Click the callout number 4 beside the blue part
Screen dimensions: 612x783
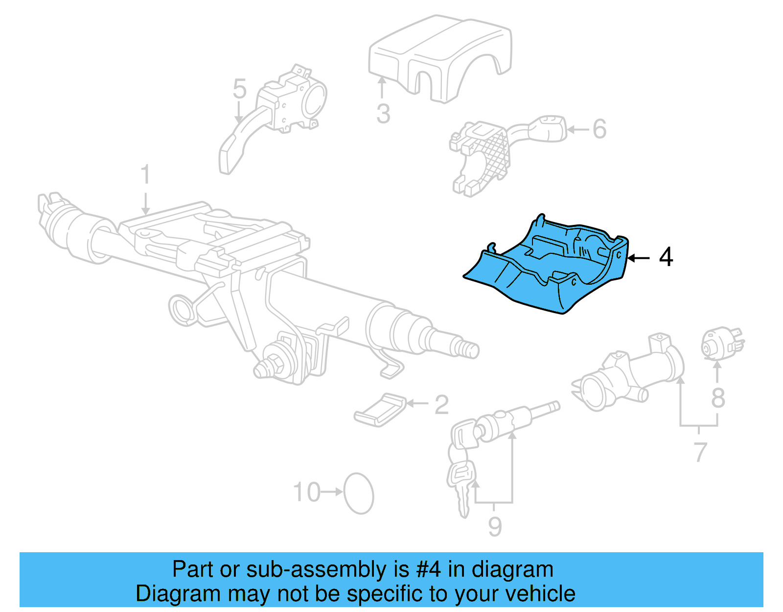click(666, 257)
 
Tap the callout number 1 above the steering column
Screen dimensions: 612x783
click(145, 175)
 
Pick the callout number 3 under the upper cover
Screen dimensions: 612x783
click(383, 114)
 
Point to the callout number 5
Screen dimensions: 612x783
click(239, 89)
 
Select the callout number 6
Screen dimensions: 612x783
click(599, 129)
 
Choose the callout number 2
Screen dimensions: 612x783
click(441, 405)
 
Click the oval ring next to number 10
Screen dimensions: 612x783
click(359, 493)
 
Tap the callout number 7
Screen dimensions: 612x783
click(700, 452)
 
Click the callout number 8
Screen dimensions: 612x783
click(718, 398)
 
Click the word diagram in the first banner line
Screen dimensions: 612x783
click(512, 570)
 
